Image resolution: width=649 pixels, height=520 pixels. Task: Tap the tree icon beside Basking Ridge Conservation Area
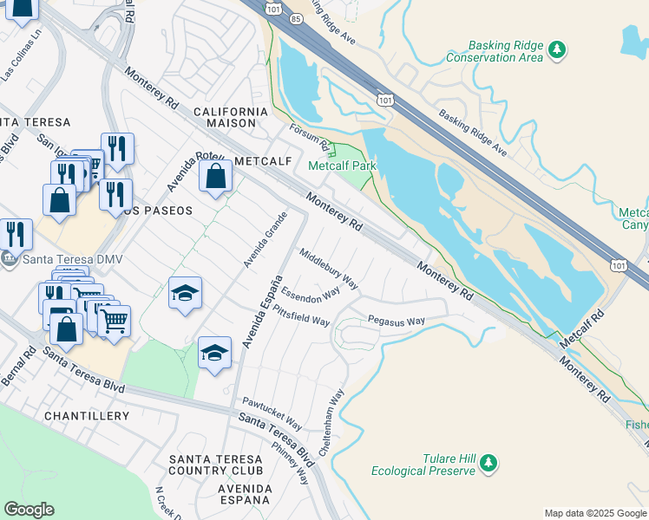click(x=558, y=51)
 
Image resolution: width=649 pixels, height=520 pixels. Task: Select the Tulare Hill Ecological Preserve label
click(x=423, y=465)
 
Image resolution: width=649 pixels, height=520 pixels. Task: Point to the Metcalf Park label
click(x=339, y=165)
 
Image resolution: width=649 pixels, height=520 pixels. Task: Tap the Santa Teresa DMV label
click(x=58, y=258)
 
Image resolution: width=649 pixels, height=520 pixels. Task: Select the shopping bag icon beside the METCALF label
click(x=214, y=177)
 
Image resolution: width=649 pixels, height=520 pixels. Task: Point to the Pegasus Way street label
click(x=397, y=321)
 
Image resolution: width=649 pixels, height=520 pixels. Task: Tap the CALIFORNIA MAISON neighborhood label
click(x=231, y=118)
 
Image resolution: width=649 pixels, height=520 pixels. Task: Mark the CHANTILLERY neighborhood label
click(x=86, y=416)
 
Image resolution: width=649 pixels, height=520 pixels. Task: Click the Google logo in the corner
click(x=29, y=510)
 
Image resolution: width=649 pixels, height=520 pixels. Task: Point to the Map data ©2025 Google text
click(x=595, y=513)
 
